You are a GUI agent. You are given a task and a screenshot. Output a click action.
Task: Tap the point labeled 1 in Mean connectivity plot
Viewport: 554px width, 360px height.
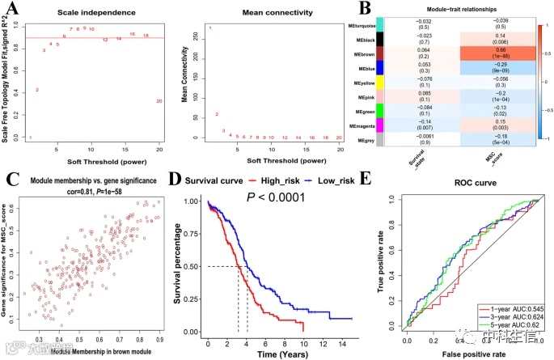(210, 29)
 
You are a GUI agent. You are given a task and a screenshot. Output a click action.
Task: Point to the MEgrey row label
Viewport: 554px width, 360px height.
(363, 140)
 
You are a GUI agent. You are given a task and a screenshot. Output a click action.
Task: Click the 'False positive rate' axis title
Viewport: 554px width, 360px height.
(469, 354)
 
